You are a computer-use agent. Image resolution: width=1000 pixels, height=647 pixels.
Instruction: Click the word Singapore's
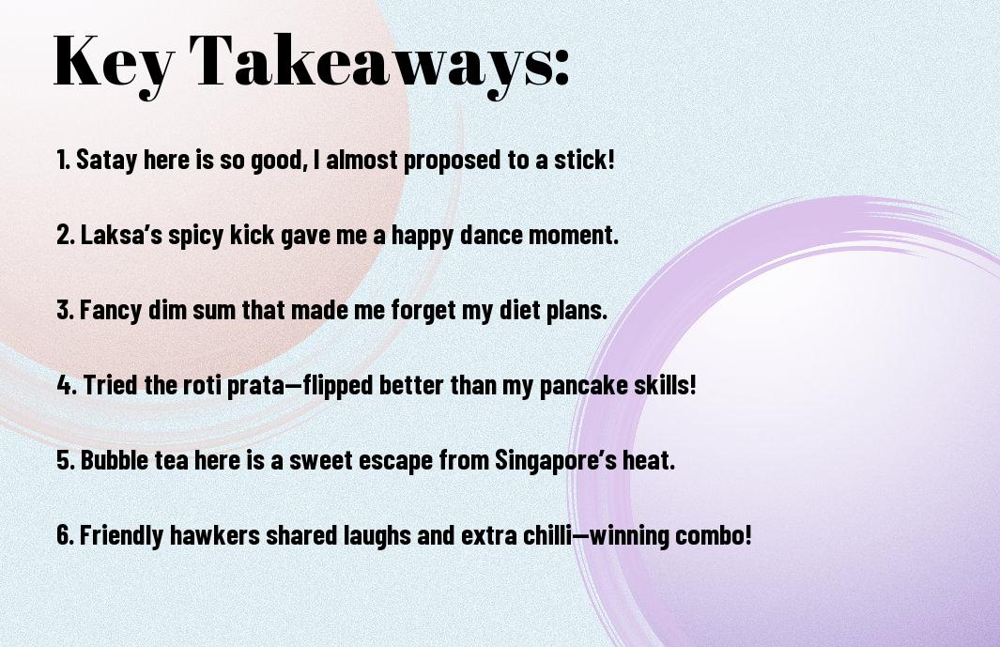(556, 460)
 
